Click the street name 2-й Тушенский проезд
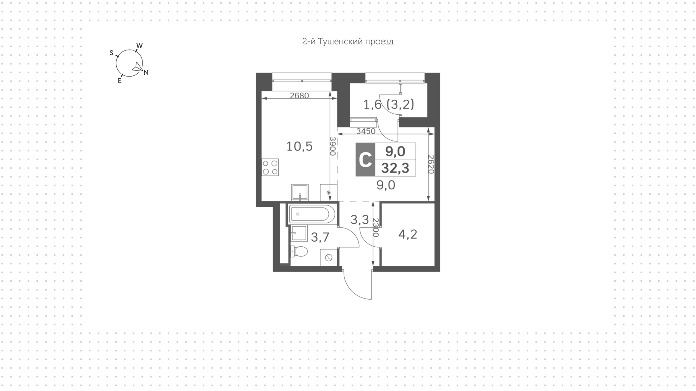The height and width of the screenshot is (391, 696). [348, 42]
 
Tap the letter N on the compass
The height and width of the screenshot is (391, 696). [146, 73]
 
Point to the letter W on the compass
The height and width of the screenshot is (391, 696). [140, 46]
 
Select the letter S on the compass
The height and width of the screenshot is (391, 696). [112, 53]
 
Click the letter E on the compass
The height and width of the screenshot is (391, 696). [120, 81]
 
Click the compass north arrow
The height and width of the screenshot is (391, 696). [137, 67]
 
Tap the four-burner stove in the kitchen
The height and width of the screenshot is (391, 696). [270, 167]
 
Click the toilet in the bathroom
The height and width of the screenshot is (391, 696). [299, 251]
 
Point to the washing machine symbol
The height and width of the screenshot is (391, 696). [329, 258]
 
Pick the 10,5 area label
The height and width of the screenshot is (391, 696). [299, 147]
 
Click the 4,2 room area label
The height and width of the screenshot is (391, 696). [408, 234]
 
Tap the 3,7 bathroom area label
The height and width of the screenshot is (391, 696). [320, 237]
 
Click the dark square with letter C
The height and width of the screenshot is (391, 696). [365, 160]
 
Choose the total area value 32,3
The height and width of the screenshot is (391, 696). [395, 168]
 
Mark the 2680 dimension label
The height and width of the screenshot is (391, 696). [299, 96]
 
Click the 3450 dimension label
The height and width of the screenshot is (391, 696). [366, 131]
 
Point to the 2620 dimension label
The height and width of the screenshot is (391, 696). [431, 164]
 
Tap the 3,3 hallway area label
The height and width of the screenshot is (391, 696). [360, 219]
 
